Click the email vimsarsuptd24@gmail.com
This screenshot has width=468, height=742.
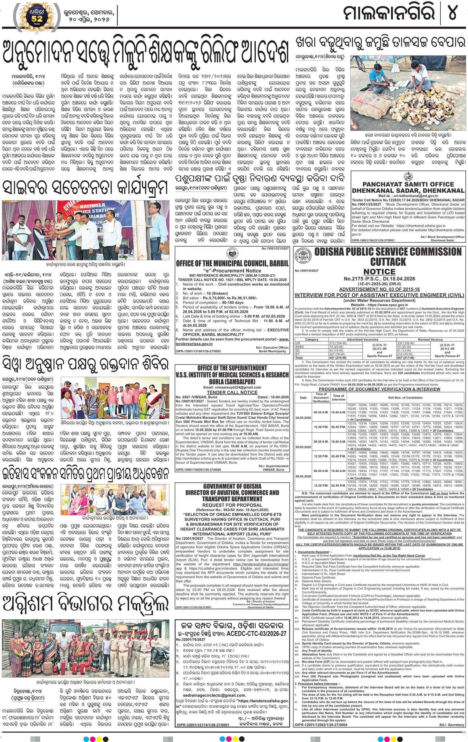(232, 387)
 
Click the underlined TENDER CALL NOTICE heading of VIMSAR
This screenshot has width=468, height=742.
(232, 392)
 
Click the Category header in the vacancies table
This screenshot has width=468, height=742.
(311, 339)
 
